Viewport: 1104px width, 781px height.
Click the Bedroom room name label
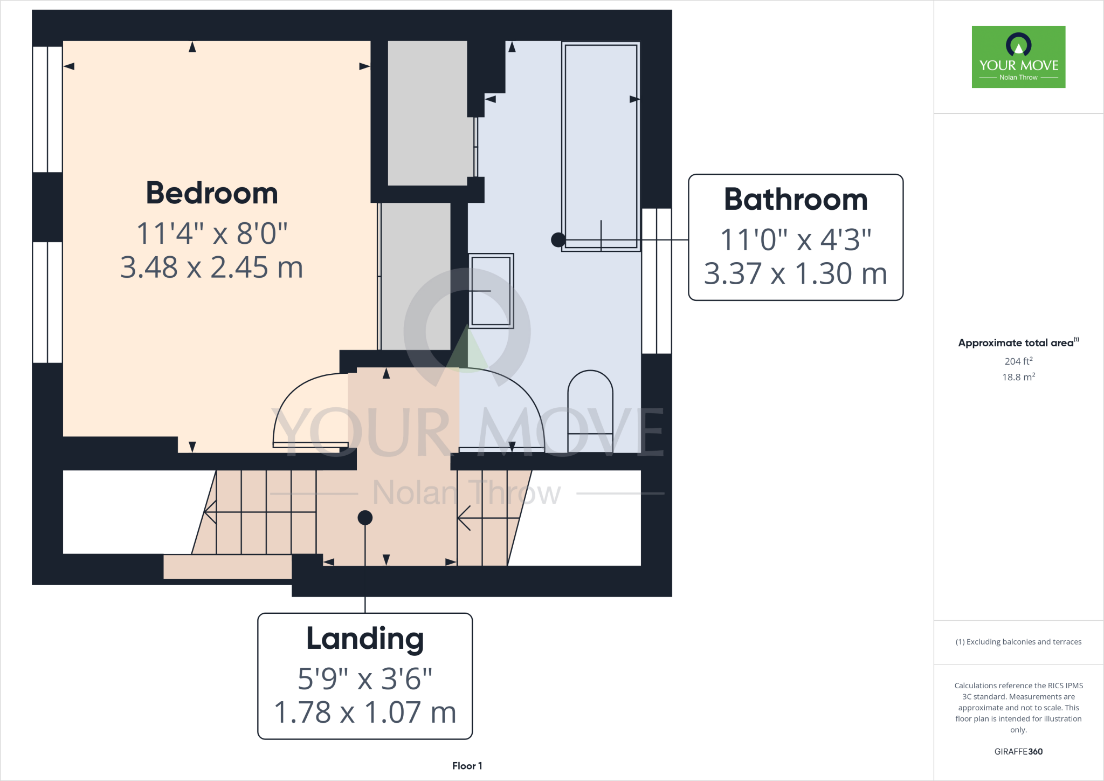coord(212,193)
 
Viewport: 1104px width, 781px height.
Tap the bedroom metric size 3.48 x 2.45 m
coord(212,268)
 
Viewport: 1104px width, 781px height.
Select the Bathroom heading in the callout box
coord(796,200)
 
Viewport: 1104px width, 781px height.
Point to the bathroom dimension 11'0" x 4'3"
coord(796,239)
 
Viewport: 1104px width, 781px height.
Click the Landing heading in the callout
coord(365,639)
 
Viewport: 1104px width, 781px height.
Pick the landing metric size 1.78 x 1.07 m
coord(365,713)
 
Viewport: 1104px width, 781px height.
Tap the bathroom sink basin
coord(491,291)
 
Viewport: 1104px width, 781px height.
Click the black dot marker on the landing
coord(365,518)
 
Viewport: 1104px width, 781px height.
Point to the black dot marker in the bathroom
coord(558,239)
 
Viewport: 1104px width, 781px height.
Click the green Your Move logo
coord(1018,57)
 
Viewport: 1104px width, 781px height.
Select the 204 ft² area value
coord(1018,361)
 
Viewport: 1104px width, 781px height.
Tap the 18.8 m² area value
coord(1018,377)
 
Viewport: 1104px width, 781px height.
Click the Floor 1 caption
coord(467,766)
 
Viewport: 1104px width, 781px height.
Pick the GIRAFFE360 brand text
coord(1018,751)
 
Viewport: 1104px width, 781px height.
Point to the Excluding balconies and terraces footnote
coord(1018,642)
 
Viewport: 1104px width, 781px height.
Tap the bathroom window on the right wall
coord(657,280)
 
